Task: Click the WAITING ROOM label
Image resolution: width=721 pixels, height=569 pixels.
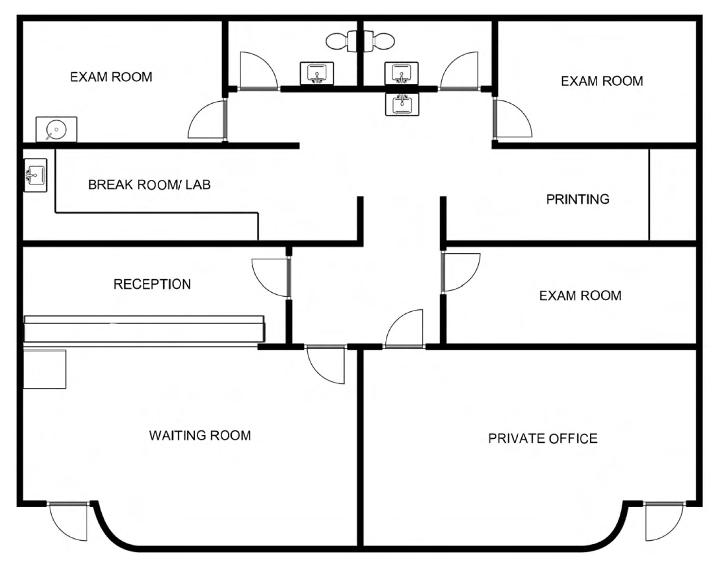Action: pyautogui.click(x=200, y=436)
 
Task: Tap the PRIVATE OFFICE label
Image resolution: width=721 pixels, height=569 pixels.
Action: pyautogui.click(x=543, y=438)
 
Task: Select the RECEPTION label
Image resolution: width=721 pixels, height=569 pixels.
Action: pyautogui.click(x=152, y=284)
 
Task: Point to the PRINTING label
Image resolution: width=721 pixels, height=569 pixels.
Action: pyautogui.click(x=578, y=199)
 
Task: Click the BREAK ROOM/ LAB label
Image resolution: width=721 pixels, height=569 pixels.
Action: pyautogui.click(x=150, y=185)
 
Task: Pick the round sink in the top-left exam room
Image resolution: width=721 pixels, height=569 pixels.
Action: pyautogui.click(x=57, y=130)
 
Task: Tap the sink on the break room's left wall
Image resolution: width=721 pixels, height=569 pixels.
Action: pyautogui.click(x=36, y=175)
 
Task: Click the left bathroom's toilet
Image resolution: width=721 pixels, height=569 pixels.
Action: pyautogui.click(x=342, y=41)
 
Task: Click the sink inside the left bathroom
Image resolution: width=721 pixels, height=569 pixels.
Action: pyautogui.click(x=317, y=73)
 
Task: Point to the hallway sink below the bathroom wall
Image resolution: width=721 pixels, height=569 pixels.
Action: pyautogui.click(x=402, y=105)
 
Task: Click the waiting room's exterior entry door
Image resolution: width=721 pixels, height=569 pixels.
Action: pyautogui.click(x=68, y=522)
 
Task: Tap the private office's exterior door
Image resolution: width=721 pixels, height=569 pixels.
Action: pyautogui.click(x=664, y=522)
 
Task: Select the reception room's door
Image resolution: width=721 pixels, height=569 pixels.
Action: pyautogui.click(x=271, y=278)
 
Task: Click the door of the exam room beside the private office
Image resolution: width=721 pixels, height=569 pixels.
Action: pyautogui.click(x=461, y=272)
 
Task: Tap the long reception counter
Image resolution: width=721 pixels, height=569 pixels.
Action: pyautogui.click(x=144, y=329)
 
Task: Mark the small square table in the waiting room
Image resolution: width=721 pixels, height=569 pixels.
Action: pyautogui.click(x=44, y=369)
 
